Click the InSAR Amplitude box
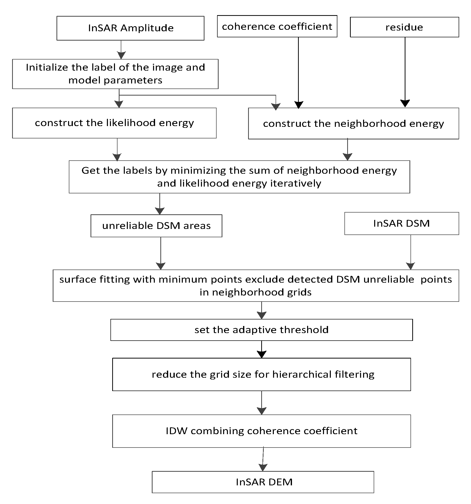(x=130, y=28)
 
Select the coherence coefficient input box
(x=277, y=26)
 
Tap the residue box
(x=404, y=27)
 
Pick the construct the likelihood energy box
(x=114, y=123)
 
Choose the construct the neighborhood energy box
(x=354, y=124)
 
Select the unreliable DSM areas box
(x=156, y=226)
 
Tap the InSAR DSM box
(x=401, y=223)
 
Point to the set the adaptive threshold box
(x=261, y=330)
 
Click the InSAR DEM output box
(x=264, y=482)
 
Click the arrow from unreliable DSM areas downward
(x=161, y=254)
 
